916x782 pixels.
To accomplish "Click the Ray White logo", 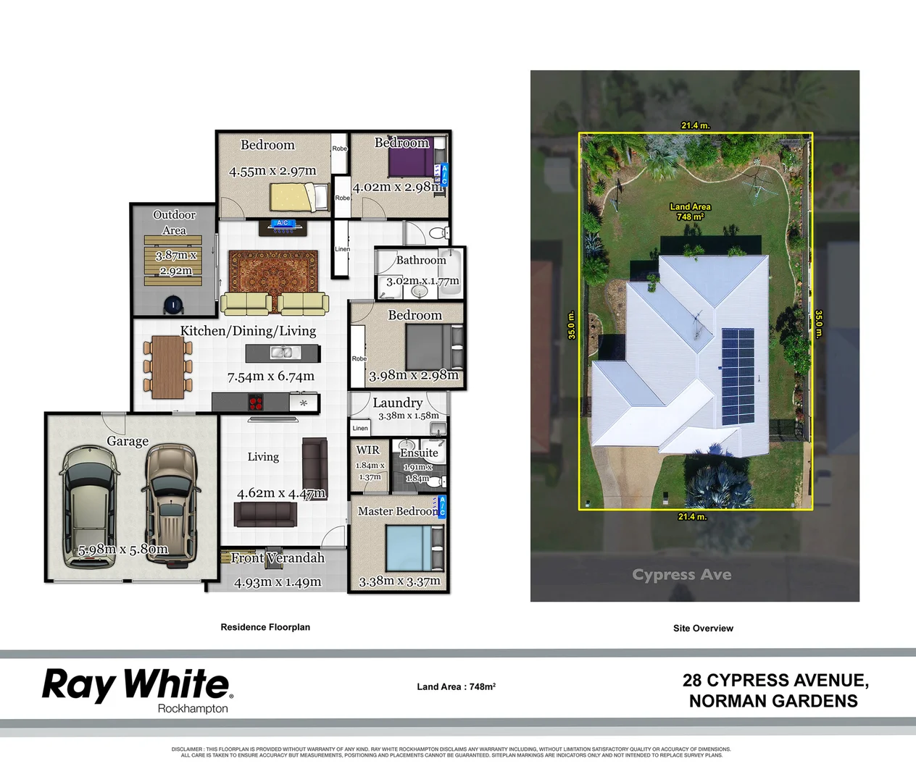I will (136, 684).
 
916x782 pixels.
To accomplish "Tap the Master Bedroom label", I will (398, 511).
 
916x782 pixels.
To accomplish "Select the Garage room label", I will (128, 441).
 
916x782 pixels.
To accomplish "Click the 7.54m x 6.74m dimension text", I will (270, 377).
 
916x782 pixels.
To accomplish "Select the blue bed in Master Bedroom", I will (408, 549).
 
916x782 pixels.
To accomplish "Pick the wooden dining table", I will (167, 366).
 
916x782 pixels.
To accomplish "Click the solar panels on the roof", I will (738, 377).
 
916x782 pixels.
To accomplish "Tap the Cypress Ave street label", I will (681, 575).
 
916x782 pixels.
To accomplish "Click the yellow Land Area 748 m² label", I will (690, 211).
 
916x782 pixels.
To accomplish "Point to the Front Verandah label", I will (278, 558).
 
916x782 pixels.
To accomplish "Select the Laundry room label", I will (397, 403).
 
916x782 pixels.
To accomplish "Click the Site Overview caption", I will (703, 628).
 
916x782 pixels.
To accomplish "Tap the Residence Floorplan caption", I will (265, 627).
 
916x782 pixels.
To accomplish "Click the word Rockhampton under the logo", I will (193, 709).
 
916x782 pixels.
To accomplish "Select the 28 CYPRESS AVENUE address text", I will (775, 681).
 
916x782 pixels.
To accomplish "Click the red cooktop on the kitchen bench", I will (255, 403).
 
